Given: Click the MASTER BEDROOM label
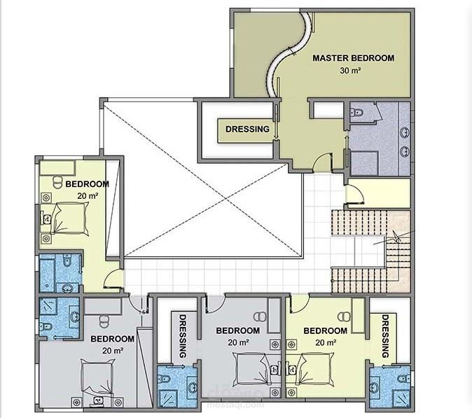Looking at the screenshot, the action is [x=354, y=58].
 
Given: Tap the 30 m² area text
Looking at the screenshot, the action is [x=350, y=71].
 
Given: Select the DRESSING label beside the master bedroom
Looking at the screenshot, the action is [x=247, y=129].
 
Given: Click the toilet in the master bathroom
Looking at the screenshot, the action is [x=357, y=113].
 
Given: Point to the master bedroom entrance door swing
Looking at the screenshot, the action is [x=323, y=162].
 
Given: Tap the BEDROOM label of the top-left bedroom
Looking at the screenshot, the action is [x=88, y=184].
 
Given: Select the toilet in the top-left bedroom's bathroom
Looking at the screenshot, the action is [x=67, y=260].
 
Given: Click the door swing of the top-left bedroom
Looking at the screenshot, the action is [x=113, y=279].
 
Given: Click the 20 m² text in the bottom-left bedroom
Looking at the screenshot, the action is [x=113, y=351].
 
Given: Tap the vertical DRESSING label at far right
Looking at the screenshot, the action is [x=385, y=336].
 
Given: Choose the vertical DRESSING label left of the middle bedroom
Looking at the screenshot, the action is [x=183, y=336].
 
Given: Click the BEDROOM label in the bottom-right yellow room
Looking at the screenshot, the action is [x=326, y=330].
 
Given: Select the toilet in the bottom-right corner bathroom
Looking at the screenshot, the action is [x=403, y=378].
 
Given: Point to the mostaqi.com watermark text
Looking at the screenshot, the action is [x=235, y=405].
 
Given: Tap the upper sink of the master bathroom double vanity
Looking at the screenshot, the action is [x=405, y=132].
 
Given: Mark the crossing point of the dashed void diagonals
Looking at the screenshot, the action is [x=225, y=200].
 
